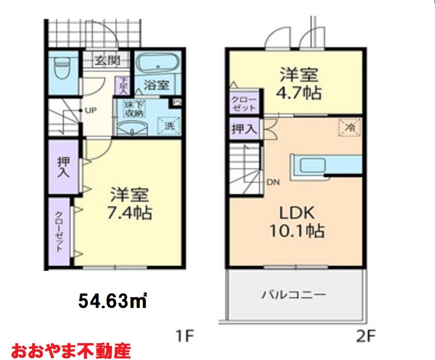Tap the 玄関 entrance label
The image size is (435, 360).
tap(105, 59)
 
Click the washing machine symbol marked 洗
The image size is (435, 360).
tap(169, 126)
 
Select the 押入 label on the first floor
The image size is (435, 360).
tap(63, 168)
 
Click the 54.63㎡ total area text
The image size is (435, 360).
tap(113, 301)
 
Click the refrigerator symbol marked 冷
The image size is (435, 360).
tap(350, 127)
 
